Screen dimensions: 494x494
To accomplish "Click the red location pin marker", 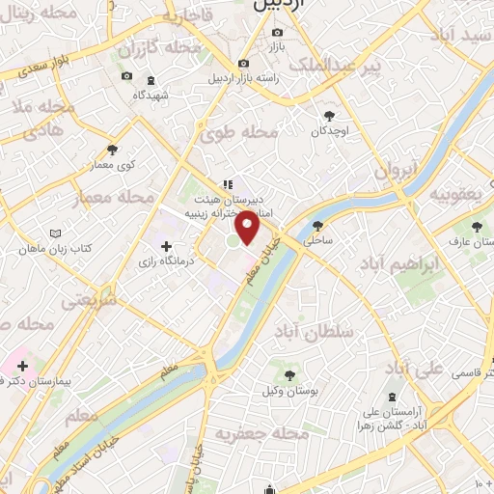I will [x=248, y=228].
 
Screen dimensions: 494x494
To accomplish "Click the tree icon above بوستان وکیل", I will [x=288, y=372].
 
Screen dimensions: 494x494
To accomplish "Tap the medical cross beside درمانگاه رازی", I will [x=170, y=246].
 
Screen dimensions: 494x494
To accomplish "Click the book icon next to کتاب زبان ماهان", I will [x=55, y=233].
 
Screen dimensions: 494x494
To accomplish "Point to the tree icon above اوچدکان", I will [x=329, y=112].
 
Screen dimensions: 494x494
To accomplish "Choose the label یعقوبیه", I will [x=457, y=194].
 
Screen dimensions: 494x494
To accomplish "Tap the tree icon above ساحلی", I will [x=318, y=226].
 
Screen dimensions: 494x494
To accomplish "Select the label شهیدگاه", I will [x=151, y=96].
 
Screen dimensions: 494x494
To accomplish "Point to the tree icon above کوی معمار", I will [x=113, y=149].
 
